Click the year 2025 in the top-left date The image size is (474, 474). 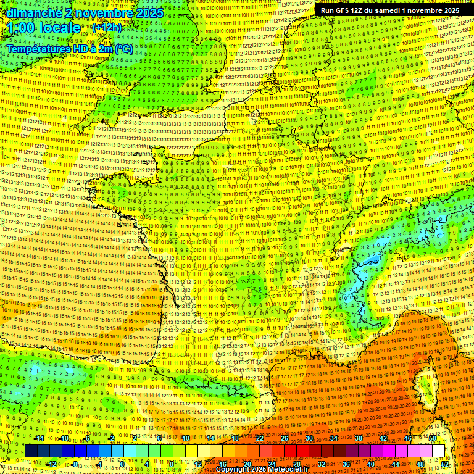[x=148, y=13]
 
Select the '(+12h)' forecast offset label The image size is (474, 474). [x=107, y=28]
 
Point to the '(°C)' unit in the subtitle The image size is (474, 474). [x=123, y=48]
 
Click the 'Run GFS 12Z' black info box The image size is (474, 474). [x=389, y=10]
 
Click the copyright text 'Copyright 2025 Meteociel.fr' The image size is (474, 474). [x=262, y=469]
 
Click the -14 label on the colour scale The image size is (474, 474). [x=38, y=438]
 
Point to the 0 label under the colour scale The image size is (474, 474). [x=122, y=464]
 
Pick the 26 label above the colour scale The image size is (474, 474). [x=285, y=438]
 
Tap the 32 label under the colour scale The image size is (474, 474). [x=322, y=464]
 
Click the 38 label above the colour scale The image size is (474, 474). [x=359, y=438]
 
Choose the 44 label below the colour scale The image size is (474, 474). [x=396, y=464]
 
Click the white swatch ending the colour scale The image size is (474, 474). [x=439, y=451]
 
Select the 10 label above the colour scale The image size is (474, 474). [x=186, y=438]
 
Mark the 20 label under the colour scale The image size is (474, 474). [x=247, y=464]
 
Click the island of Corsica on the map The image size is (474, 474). [x=425, y=383]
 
